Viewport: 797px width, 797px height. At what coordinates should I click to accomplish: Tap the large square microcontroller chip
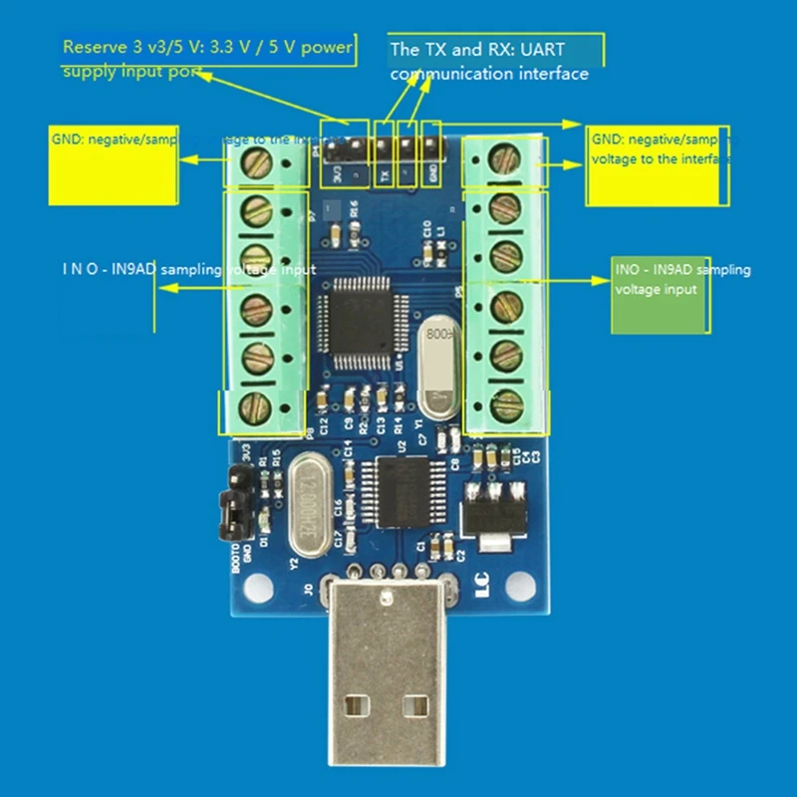pyautogui.click(x=357, y=318)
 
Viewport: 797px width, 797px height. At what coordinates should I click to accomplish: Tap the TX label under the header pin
pyautogui.click(x=385, y=173)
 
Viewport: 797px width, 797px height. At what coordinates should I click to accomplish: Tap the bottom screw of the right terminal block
pyautogui.click(x=507, y=404)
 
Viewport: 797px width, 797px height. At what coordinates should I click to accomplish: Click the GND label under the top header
pyautogui.click(x=432, y=173)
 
